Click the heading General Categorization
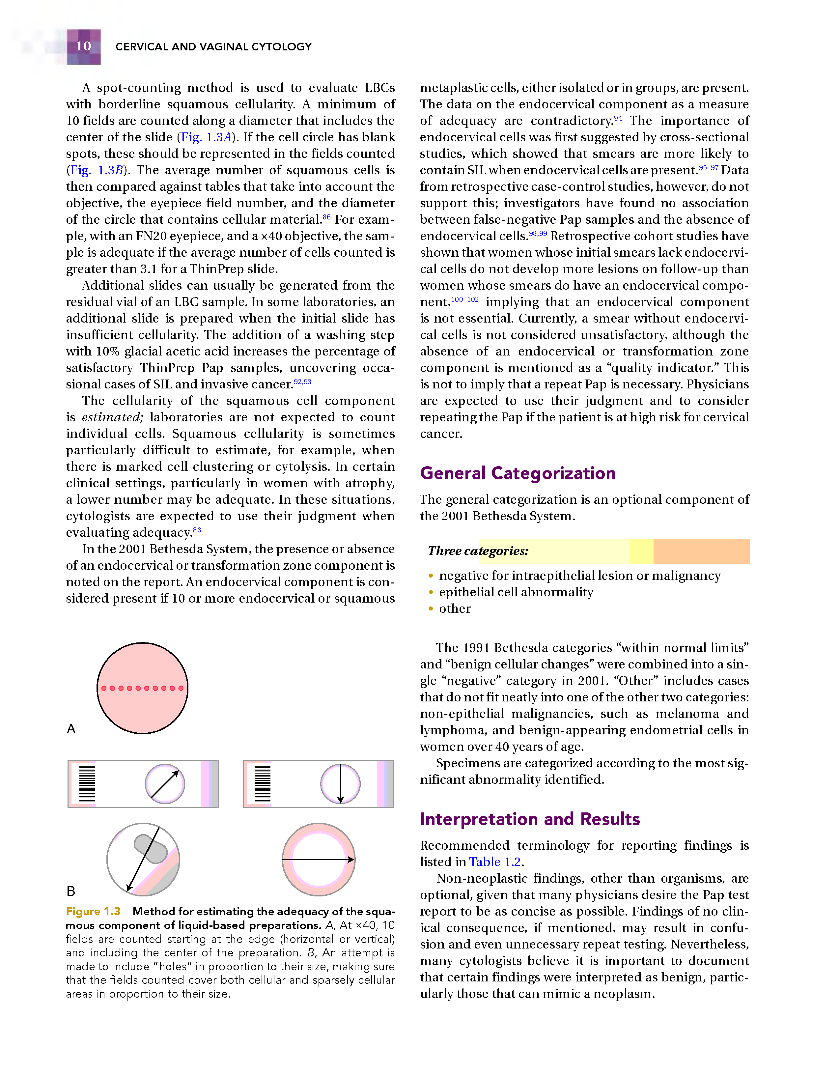(517, 473)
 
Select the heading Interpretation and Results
(529, 819)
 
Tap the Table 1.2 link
(494, 862)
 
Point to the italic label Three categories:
(478, 551)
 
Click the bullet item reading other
(455, 609)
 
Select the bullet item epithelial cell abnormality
(516, 592)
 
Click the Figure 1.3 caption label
(93, 912)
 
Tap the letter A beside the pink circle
(71, 729)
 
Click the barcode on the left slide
(87, 784)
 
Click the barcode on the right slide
(262, 784)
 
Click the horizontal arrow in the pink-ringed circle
(319, 860)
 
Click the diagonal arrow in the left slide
(165, 784)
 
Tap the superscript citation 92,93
(302, 382)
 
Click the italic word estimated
(112, 417)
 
